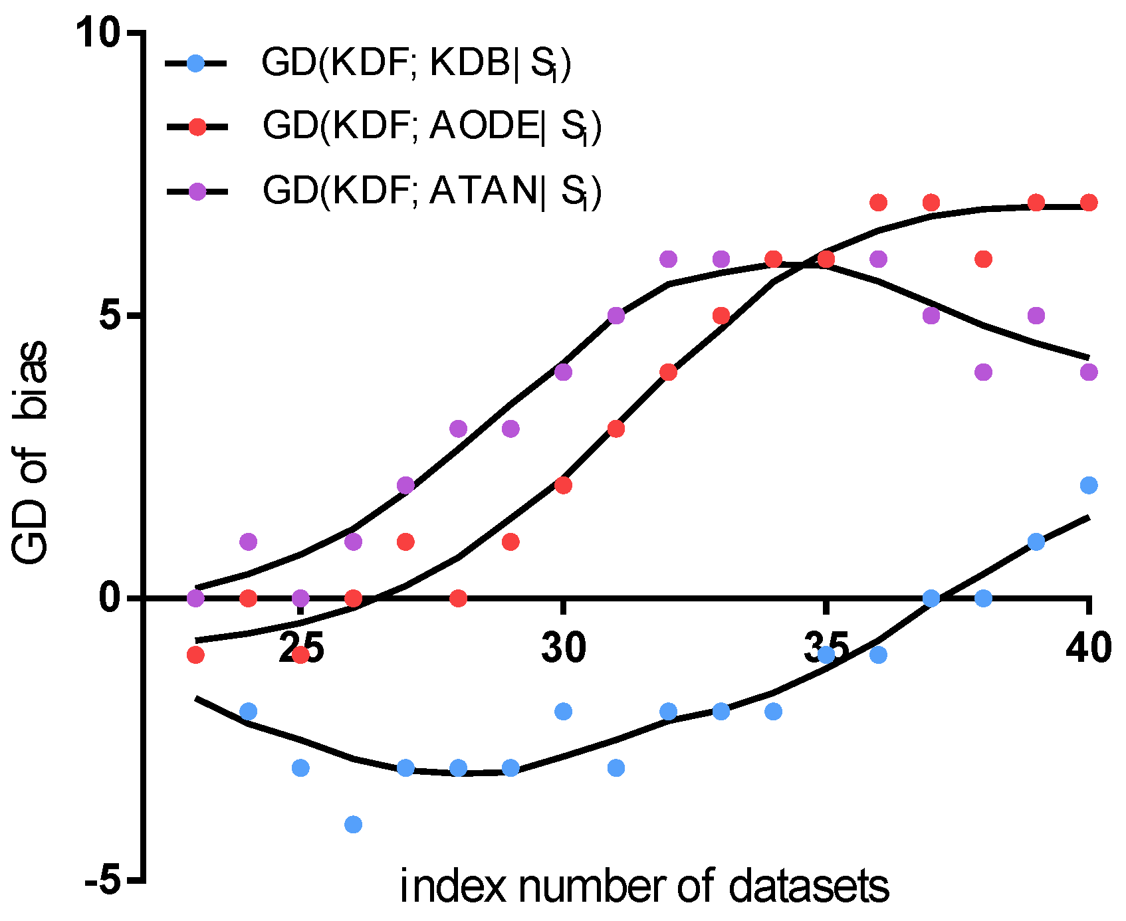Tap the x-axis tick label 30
tap(564, 647)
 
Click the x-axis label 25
tap(301, 647)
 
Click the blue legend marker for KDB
tap(196, 64)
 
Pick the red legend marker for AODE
tap(197, 127)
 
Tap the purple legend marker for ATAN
tap(197, 191)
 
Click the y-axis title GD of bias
tap(31, 452)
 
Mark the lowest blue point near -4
tap(353, 825)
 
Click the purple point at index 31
tap(616, 316)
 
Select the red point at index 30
tap(564, 485)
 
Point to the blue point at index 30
tap(564, 712)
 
